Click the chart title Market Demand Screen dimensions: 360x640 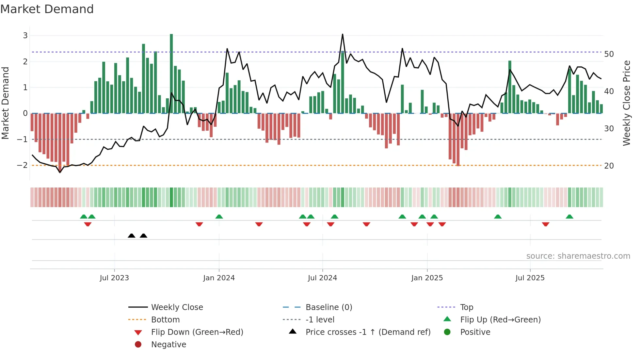coord(47,9)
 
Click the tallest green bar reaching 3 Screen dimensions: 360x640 coord(171,74)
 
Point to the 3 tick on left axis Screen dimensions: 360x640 coord(25,35)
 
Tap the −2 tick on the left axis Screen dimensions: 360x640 coord(23,165)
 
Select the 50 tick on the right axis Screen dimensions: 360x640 coord(609,54)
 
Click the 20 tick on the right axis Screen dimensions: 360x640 coord(609,166)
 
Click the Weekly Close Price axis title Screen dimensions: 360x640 coord(627,103)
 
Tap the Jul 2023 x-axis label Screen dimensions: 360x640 coord(114,278)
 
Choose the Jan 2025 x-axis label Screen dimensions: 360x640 coord(427,278)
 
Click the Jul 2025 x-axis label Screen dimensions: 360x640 coord(530,278)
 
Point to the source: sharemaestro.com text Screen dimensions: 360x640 coord(578,256)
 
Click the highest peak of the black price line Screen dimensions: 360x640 coord(343,34)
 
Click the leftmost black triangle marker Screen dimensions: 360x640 coord(131,236)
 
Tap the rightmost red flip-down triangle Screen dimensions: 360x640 coord(545,224)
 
